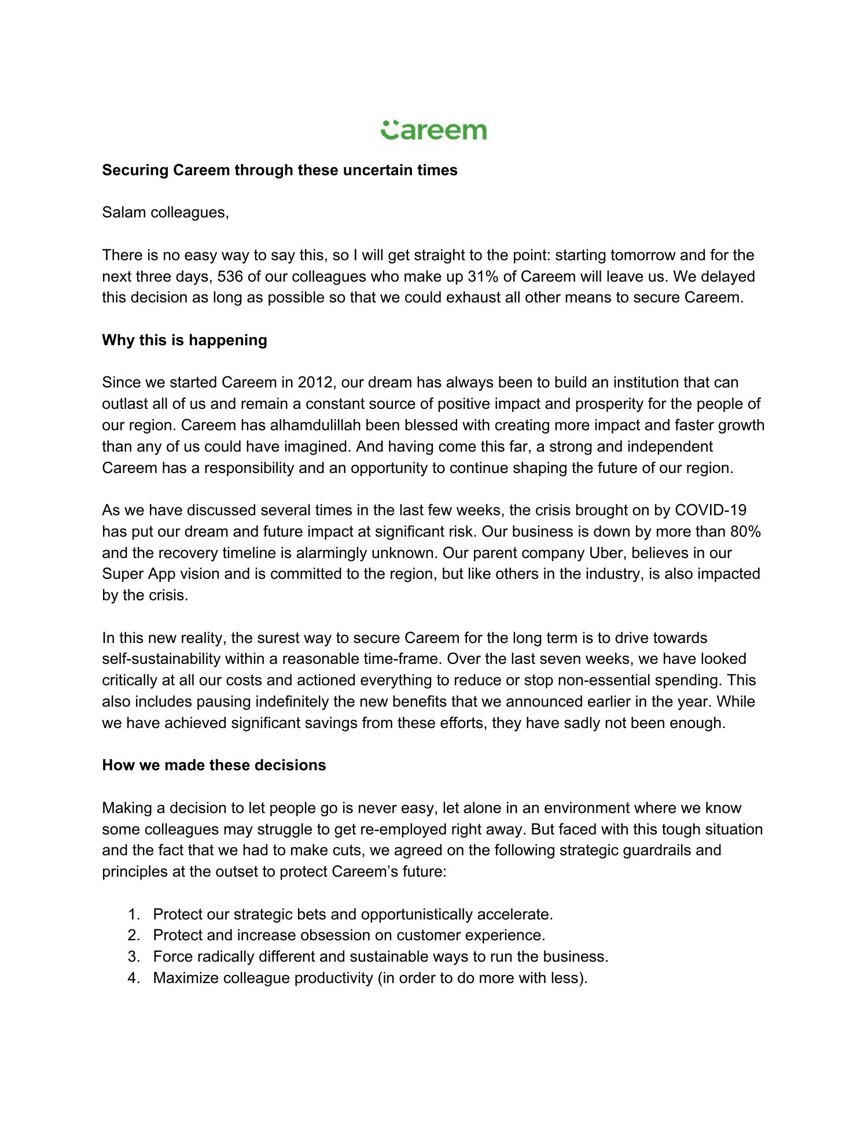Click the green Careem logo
433,130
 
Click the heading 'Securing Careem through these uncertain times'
279,170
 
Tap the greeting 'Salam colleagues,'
165,212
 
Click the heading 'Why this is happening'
185,340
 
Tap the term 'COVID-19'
711,510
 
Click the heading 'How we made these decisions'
214,765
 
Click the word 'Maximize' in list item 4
186,978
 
